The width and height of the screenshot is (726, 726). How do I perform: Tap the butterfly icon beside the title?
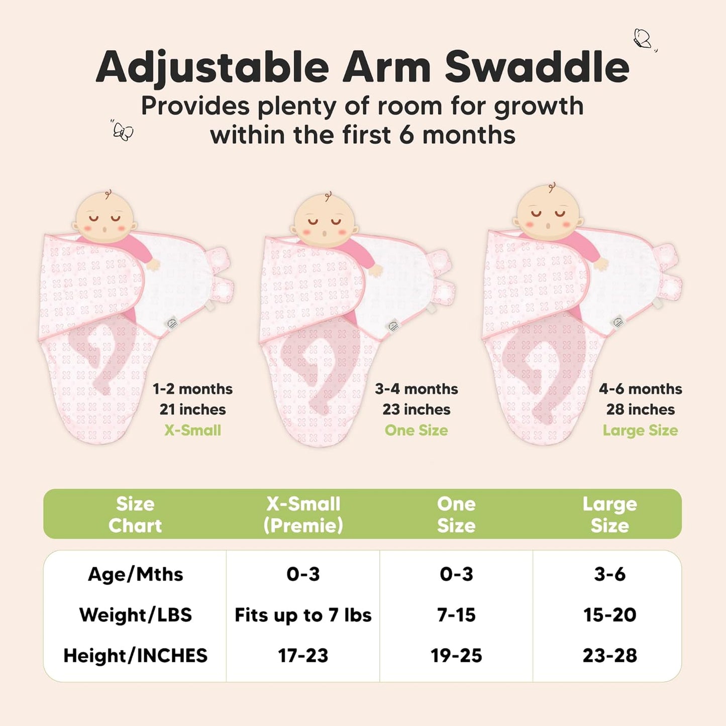pos(643,39)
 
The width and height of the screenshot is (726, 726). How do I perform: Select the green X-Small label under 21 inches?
pos(192,430)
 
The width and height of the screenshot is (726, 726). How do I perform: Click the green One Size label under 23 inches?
pos(416,430)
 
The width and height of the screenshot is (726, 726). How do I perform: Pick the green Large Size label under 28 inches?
pos(640,430)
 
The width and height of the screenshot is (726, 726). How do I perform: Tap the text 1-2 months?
pos(192,389)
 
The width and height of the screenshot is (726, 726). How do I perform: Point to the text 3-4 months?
pos(416,389)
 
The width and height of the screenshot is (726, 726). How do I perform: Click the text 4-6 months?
pos(640,389)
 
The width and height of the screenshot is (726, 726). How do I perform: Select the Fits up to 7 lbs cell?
pos(303,615)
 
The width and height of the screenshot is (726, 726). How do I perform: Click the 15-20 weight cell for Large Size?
pos(609,615)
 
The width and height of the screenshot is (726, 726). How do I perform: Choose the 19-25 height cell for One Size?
pos(456,656)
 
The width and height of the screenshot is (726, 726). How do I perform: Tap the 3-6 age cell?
pos(609,574)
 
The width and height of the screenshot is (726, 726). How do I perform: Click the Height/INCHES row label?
pos(135,656)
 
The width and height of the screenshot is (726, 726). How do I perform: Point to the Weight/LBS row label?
pos(135,615)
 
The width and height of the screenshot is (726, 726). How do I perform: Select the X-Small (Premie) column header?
pos(303,514)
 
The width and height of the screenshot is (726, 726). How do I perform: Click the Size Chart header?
pos(135,514)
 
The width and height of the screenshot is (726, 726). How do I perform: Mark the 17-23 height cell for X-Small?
pos(303,656)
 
